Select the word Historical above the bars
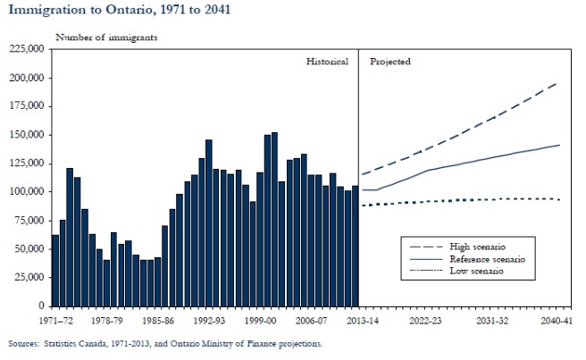point(329,62)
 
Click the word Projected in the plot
point(390,62)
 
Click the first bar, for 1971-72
point(55,270)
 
